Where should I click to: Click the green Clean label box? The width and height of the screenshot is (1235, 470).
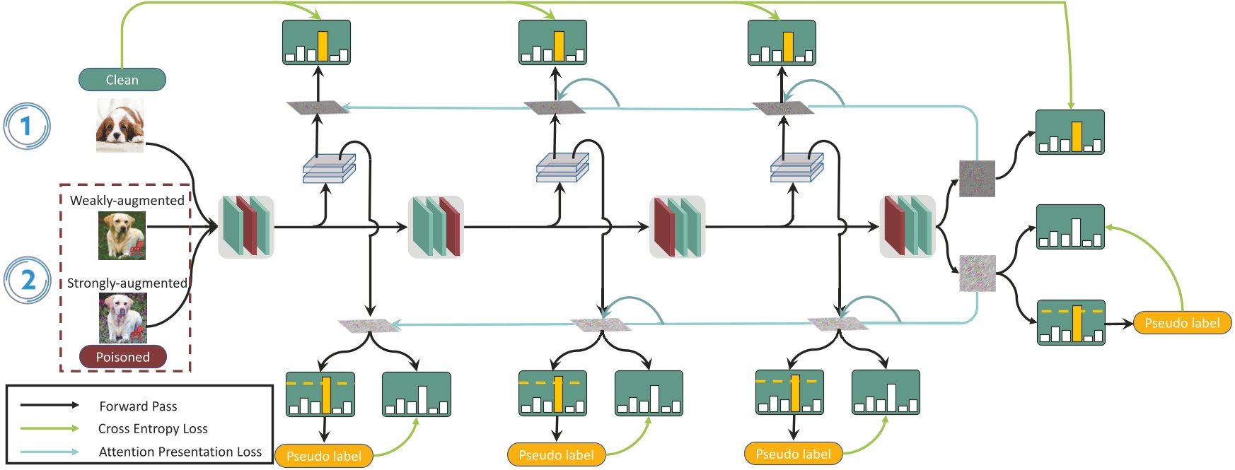[122, 80]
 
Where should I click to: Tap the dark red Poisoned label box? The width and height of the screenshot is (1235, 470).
[122, 357]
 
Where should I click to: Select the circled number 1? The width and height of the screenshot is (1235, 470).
[27, 127]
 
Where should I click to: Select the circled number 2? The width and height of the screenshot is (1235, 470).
[28, 280]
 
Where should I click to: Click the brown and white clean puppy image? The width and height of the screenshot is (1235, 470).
[120, 125]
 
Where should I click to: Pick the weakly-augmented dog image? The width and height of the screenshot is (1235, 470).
[122, 236]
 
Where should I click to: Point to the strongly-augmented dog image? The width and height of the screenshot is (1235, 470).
[122, 318]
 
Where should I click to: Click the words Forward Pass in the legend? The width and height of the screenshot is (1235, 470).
[138, 406]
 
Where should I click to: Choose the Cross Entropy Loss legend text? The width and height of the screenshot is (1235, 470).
[153, 429]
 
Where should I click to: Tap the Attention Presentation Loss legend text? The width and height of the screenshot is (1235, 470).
[180, 452]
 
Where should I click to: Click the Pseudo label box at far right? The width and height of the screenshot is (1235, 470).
[1182, 323]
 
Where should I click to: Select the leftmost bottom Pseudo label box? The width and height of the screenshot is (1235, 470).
[324, 456]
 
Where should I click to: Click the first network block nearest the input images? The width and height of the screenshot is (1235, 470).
[245, 226]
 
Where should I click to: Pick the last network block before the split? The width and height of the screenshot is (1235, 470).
[908, 226]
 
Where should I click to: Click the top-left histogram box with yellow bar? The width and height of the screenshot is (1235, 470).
[316, 43]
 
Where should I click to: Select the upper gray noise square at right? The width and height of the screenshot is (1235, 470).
[977, 178]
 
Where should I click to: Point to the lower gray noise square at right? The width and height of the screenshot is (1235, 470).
[977, 274]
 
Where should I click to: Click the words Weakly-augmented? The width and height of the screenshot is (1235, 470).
[127, 201]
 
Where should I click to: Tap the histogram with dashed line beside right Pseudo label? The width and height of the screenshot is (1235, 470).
[1070, 322]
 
